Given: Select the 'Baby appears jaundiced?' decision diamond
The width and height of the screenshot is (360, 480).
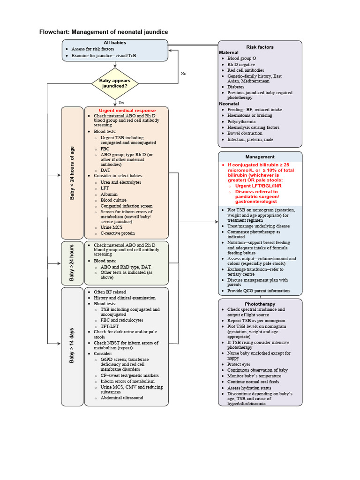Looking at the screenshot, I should coord(115,83).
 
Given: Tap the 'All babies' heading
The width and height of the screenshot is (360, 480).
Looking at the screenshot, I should coord(115,43).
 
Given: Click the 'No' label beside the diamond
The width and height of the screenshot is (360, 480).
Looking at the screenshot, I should coord(183,74).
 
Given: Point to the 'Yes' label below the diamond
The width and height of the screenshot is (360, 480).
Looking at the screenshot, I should coord(121,102).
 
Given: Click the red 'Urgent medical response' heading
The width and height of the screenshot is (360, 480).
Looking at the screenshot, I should coord(127,111).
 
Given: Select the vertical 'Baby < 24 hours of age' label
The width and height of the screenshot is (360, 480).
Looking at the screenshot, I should coord(72,173).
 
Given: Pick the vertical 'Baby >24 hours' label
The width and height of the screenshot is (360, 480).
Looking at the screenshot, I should coord(72,263).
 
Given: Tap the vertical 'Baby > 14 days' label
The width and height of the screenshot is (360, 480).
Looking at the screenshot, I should coord(72,346).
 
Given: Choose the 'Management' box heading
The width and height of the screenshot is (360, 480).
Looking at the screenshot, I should coord(260,157).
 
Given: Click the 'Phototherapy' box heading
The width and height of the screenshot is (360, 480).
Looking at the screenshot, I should coord(260,304).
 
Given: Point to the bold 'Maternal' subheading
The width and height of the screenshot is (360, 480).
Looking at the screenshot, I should coord(229,52).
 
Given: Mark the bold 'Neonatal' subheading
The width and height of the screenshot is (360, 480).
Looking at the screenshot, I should coord(229,104).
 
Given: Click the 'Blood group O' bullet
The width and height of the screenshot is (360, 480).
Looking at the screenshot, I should coord(241,59).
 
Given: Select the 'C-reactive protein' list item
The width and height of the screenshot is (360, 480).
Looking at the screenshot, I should coord(117,233).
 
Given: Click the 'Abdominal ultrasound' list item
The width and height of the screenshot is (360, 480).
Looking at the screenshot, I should coord(122,398).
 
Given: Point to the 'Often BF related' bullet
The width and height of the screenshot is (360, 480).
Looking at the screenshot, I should coord(110,292).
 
